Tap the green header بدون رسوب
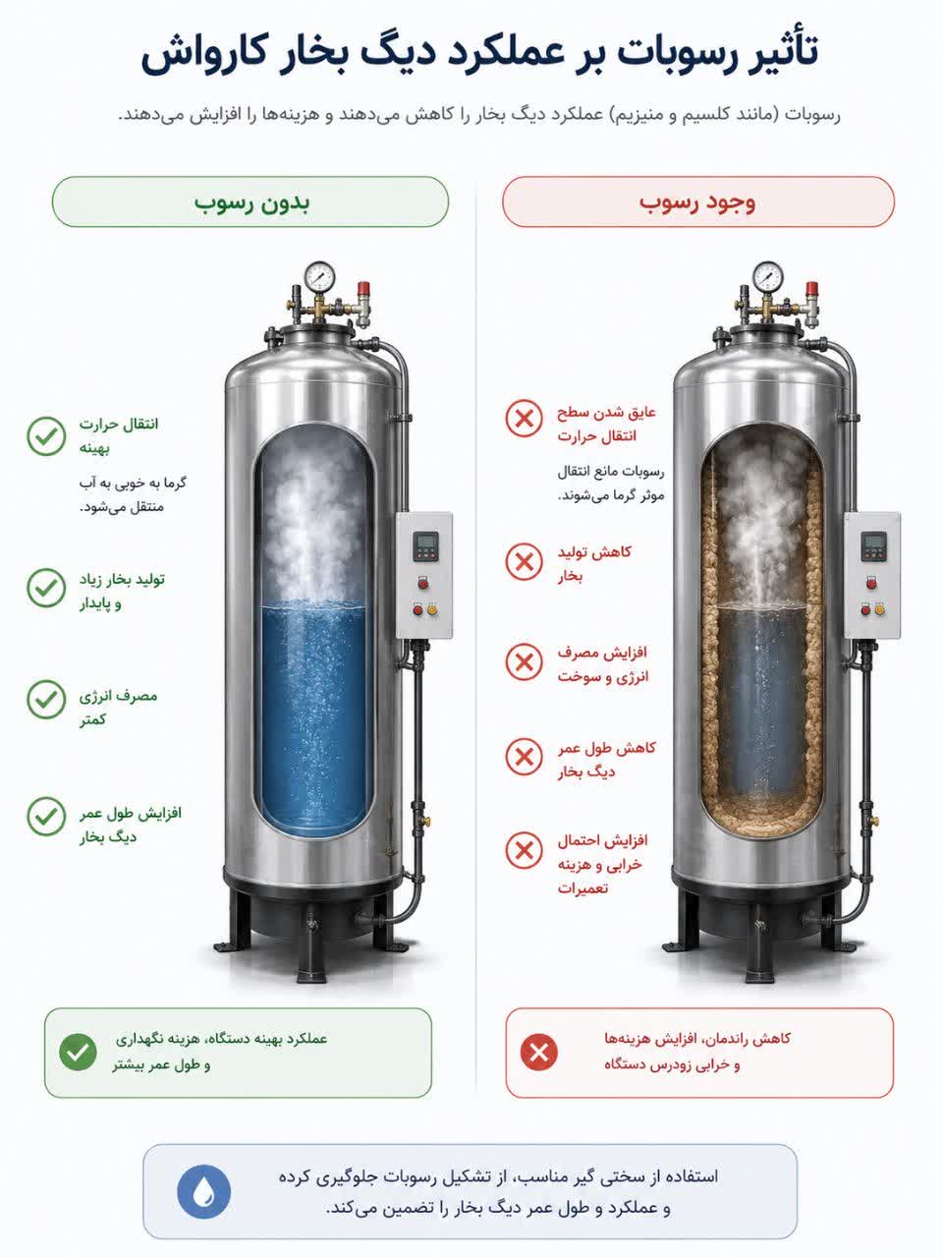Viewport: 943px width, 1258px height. click(250, 202)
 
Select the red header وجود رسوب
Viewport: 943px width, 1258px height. click(698, 202)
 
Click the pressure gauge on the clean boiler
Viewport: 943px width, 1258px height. click(319, 277)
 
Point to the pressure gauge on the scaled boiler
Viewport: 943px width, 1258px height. click(767, 277)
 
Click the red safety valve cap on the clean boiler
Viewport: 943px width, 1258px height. click(363, 288)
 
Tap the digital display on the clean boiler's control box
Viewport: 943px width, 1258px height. click(425, 541)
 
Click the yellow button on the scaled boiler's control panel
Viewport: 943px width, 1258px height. click(880, 610)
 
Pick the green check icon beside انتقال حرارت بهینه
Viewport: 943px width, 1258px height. click(46, 436)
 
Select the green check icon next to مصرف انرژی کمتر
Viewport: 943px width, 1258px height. click(46, 699)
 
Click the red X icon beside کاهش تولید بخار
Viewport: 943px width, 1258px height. click(524, 562)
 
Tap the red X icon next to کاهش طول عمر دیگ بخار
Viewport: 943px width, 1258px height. click(524, 757)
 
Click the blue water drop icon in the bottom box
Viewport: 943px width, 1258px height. click(204, 1191)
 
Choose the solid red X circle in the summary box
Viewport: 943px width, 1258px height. click(538, 1053)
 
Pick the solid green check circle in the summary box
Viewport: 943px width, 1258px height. click(78, 1053)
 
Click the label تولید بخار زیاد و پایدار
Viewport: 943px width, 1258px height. click(122, 591)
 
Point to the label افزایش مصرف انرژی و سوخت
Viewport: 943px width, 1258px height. click(603, 664)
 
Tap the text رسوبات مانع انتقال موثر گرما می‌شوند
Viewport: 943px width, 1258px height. click(611, 484)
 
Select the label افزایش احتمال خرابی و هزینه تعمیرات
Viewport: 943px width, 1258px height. click(602, 864)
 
